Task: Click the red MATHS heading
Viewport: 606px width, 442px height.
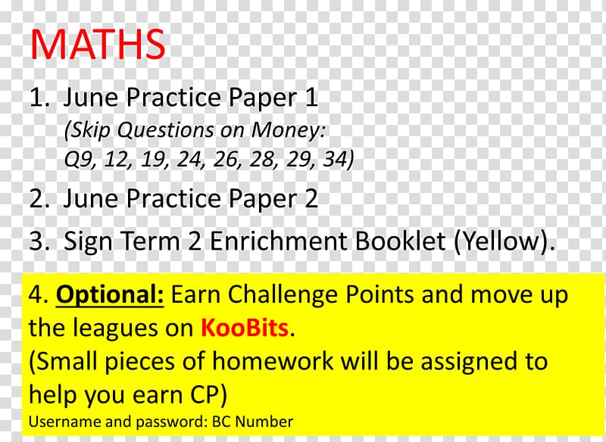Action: click(98, 44)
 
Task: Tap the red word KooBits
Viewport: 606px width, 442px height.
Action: click(245, 328)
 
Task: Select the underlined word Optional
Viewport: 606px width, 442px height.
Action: click(110, 295)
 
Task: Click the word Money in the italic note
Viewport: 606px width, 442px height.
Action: click(288, 129)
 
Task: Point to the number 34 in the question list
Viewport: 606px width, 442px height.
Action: click(334, 159)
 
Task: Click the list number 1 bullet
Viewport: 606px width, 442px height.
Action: click(39, 97)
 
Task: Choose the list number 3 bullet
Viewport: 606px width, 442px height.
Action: click(39, 241)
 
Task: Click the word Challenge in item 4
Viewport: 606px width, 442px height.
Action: click(283, 295)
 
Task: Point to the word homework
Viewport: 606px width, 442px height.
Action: click(273, 361)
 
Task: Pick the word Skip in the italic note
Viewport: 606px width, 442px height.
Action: click(91, 130)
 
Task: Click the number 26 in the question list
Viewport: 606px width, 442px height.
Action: click(226, 159)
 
